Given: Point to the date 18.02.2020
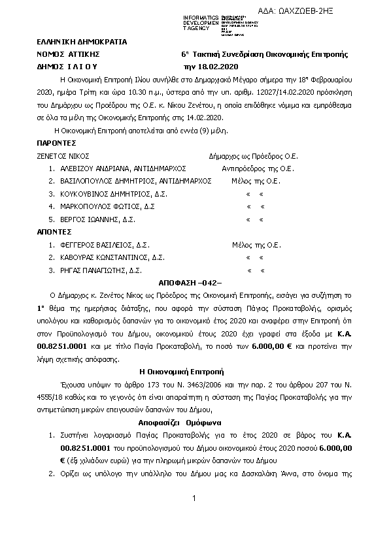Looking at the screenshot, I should click(x=214, y=67).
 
